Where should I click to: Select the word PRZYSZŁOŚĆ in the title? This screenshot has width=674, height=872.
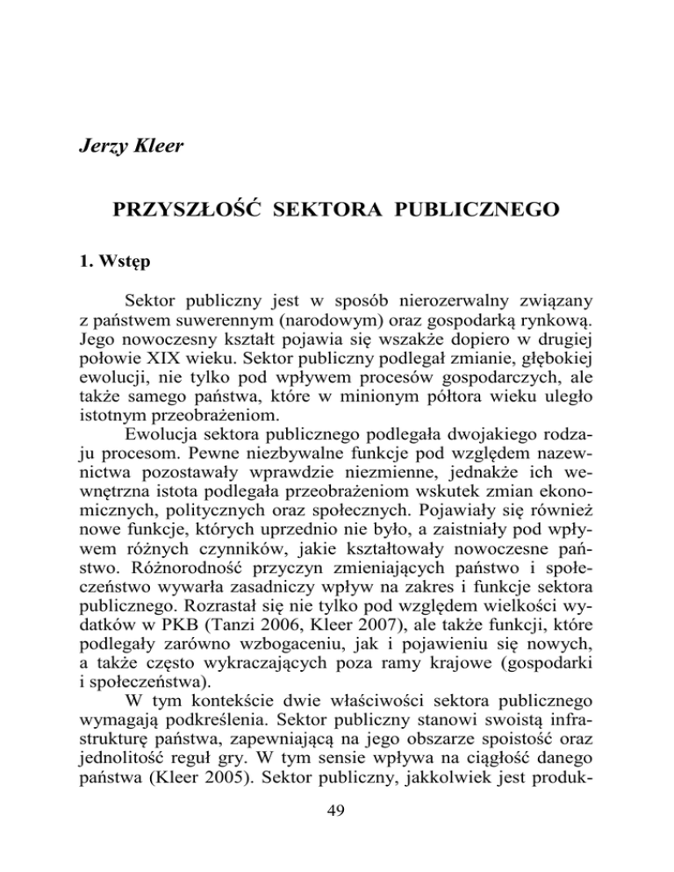pyautogui.click(x=203, y=213)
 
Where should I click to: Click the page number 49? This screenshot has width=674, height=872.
pyautogui.click(x=337, y=843)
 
